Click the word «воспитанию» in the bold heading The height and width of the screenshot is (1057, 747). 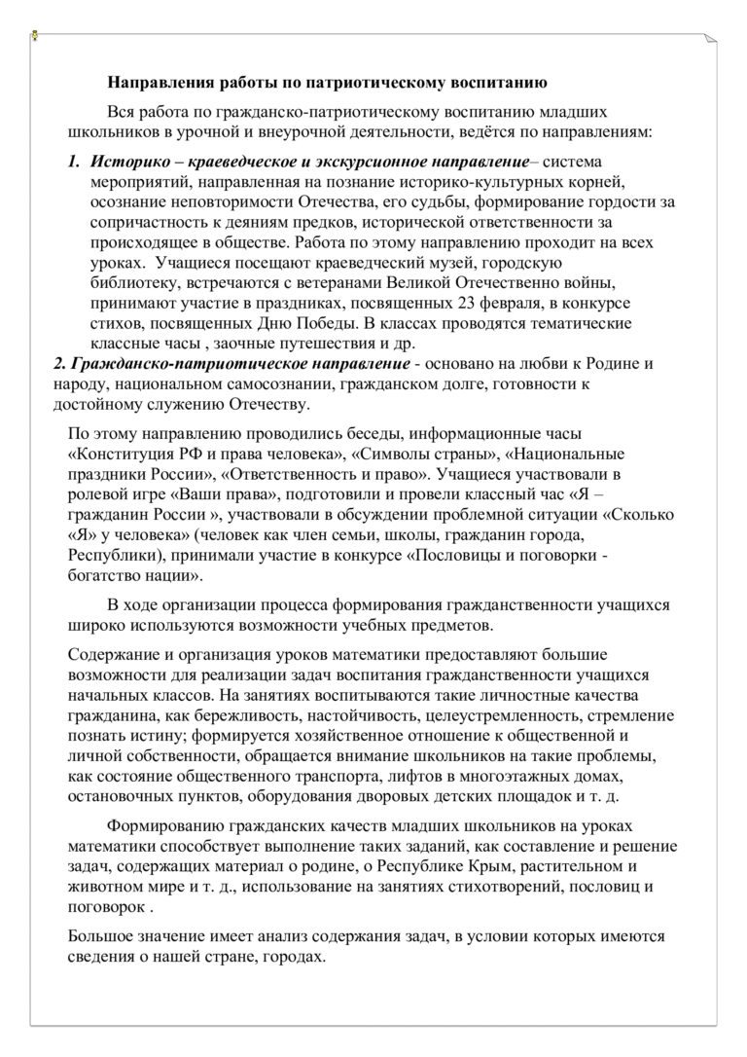click(x=501, y=82)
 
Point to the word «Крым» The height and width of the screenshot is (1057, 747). click(x=454, y=866)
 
